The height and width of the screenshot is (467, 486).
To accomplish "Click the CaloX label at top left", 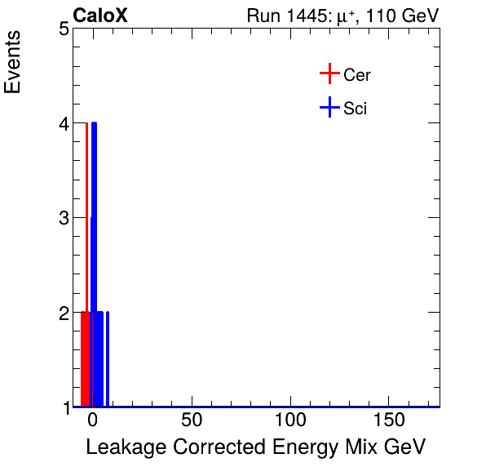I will tap(100, 16).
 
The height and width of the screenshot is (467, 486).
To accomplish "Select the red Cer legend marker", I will tap(329, 74).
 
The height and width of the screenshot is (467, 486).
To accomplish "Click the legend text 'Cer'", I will tap(357, 75).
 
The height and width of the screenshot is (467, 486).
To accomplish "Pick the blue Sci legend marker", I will tap(329, 108).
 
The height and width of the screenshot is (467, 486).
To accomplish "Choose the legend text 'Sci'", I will tap(356, 109).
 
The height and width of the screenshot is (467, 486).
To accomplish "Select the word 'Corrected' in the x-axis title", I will tap(204, 447).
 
